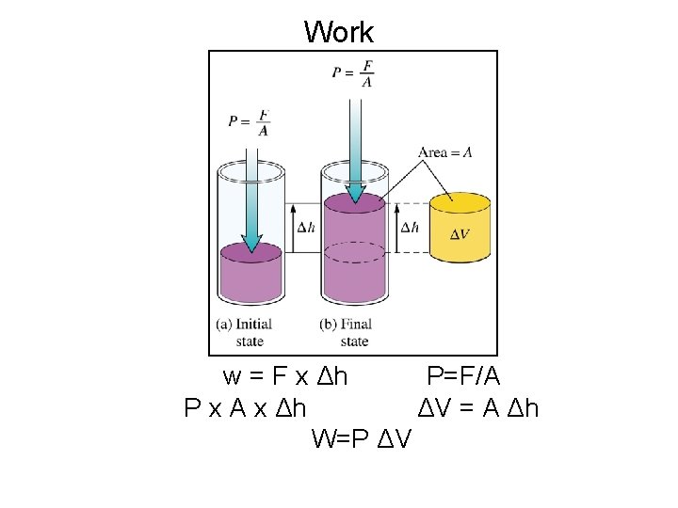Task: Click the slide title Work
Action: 339,32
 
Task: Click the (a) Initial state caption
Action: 244,332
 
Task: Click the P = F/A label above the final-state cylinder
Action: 353,73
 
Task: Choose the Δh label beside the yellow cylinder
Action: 410,228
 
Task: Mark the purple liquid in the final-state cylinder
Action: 355,254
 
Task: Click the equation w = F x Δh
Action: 285,377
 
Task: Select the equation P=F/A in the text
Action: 463,377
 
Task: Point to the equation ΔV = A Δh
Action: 477,408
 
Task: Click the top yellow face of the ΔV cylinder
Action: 460,203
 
